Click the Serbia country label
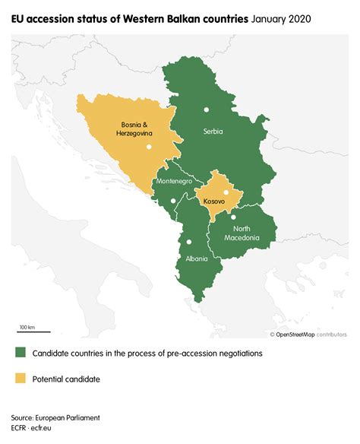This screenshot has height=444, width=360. click(213, 132)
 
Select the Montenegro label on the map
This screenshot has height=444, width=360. click(174, 182)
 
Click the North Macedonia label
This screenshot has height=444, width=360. click(242, 233)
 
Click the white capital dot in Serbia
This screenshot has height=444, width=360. click(205, 110)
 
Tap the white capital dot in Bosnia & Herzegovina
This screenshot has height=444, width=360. click(150, 146)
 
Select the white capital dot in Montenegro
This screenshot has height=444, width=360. click(174, 201)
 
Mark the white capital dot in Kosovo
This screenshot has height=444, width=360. click(226, 192)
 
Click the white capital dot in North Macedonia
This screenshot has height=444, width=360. click(233, 217)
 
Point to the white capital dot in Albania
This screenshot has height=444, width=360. click(188, 242)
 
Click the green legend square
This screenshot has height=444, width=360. click(19, 354)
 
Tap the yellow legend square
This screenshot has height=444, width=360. click(19, 378)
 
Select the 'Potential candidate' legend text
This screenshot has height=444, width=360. click(66, 379)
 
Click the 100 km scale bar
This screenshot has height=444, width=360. click(34, 330)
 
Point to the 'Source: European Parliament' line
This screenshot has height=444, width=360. click(55, 418)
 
